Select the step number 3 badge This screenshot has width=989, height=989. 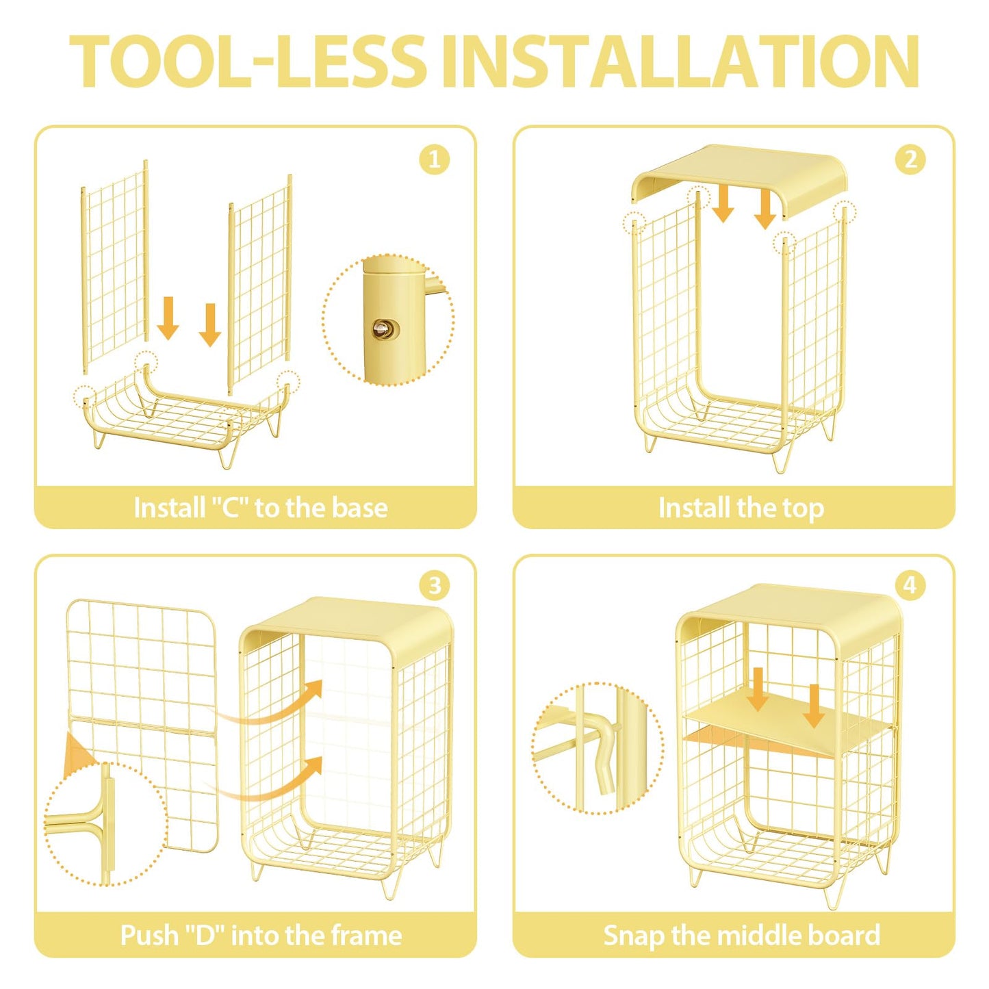(434, 585)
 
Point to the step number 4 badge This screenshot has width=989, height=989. (910, 585)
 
